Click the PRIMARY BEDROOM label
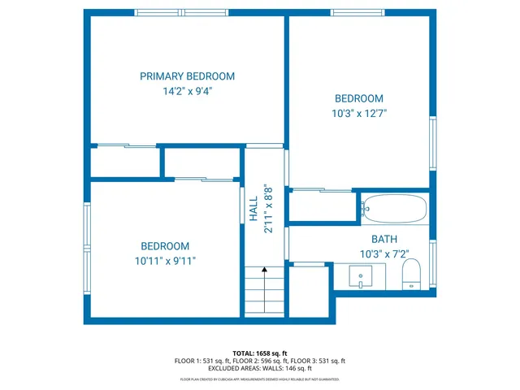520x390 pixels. (x=187, y=76)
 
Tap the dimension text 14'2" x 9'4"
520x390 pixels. (x=187, y=91)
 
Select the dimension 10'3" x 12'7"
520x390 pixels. (x=358, y=114)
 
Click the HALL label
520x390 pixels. (x=253, y=209)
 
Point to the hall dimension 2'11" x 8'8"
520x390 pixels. (x=267, y=209)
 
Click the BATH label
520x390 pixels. (x=384, y=239)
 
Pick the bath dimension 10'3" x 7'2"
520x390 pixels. (x=384, y=253)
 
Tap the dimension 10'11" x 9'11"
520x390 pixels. (x=165, y=261)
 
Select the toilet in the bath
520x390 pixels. (x=411, y=274)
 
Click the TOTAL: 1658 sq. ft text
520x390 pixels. (x=259, y=353)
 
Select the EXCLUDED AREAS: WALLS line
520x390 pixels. (x=259, y=368)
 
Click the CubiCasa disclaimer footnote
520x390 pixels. (x=259, y=379)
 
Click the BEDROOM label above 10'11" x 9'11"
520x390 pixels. (x=165, y=246)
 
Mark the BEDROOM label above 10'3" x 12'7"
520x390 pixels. (x=358, y=98)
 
